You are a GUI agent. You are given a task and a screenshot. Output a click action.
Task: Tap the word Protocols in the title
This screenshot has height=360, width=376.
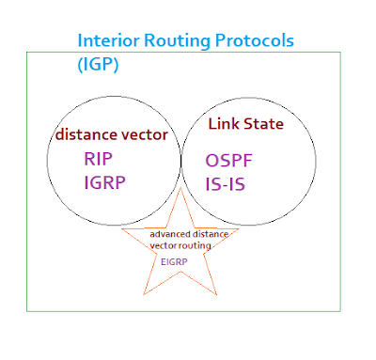pyautogui.click(x=255, y=40)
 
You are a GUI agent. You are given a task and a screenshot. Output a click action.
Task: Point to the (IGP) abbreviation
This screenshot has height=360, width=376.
pyautogui.click(x=98, y=64)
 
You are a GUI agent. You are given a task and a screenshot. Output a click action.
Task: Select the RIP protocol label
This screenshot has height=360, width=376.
pyautogui.click(x=98, y=159)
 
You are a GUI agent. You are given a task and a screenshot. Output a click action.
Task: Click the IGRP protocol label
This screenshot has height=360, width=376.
pyautogui.click(x=104, y=182)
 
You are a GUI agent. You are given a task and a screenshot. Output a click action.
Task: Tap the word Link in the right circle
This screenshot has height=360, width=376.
pyautogui.click(x=224, y=124)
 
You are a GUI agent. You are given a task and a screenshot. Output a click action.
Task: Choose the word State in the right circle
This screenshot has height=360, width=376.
pyautogui.click(x=263, y=124)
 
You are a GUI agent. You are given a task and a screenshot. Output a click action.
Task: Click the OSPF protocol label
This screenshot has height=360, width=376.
pyautogui.click(x=228, y=161)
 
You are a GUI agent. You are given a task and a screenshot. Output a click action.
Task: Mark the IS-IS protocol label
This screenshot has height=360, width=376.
pyautogui.click(x=225, y=184)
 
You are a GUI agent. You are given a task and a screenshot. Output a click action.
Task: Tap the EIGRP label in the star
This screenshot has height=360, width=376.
pyautogui.click(x=174, y=261)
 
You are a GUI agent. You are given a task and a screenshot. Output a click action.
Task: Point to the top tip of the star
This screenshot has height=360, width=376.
pyautogui.click(x=180, y=187)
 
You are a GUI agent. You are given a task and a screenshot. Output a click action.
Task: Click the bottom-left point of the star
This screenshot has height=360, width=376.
pyautogui.click(x=144, y=295)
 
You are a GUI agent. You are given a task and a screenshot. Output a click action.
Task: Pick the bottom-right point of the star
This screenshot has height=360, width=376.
pyautogui.click(x=217, y=295)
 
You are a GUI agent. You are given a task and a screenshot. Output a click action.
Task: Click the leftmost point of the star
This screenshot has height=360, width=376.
pyautogui.click(x=121, y=229)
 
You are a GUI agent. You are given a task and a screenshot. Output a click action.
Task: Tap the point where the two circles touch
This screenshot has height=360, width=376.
pyautogui.click(x=180, y=161)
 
